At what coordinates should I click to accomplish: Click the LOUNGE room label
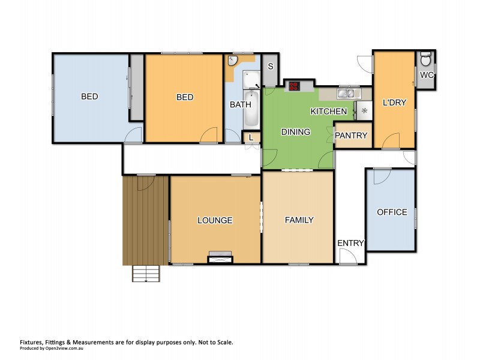[215, 220]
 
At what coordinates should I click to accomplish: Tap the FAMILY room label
[299, 220]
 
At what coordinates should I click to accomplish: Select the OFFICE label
[392, 212]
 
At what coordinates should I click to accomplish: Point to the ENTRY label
[350, 243]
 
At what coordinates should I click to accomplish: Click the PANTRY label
[351, 136]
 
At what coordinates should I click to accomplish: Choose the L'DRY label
[394, 103]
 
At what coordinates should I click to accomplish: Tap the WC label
[427, 75]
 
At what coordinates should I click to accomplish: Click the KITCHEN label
[328, 112]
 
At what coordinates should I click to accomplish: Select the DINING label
[295, 132]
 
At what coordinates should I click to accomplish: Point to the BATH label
[236, 104]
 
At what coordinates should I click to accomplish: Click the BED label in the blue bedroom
[90, 97]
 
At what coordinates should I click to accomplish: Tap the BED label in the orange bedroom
[185, 97]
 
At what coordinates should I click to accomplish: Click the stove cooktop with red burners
[295, 86]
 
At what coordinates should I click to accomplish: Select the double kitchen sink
[346, 94]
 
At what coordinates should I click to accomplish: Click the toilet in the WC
[426, 60]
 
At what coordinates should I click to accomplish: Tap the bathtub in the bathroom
[252, 109]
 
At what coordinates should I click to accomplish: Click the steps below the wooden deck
[146, 274]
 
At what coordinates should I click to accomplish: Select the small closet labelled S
[271, 67]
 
